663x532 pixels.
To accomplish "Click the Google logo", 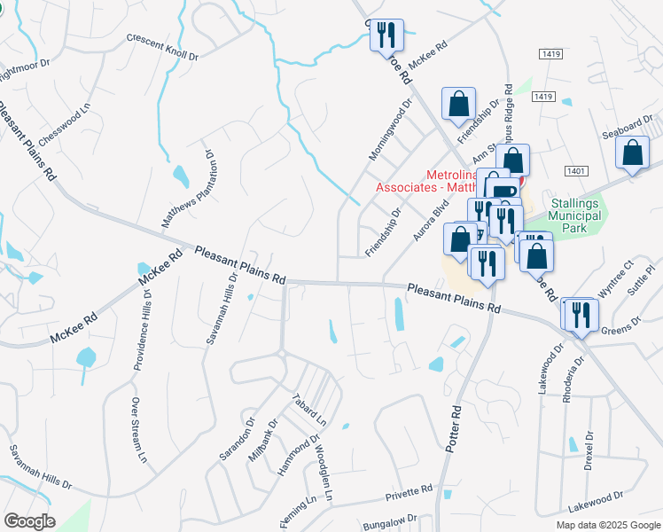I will point(30,521).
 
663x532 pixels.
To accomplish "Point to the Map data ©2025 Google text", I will point(607,525).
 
